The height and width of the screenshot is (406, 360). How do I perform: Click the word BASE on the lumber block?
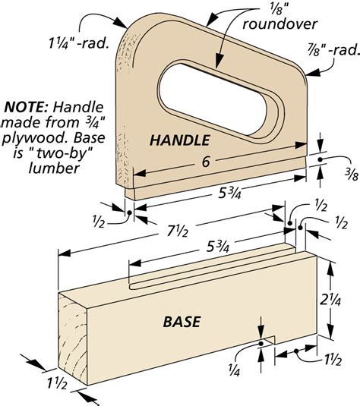(182, 322)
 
